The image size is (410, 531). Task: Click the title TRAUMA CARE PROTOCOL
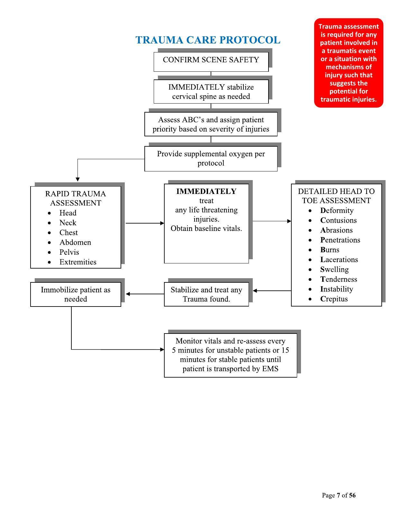(x=208, y=40)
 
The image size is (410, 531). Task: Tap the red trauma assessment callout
(x=349, y=63)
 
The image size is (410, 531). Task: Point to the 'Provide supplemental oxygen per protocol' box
(x=211, y=159)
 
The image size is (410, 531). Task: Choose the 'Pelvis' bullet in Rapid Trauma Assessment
(x=69, y=252)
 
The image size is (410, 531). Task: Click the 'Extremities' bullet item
(x=78, y=262)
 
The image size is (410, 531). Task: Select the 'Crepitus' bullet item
(x=334, y=299)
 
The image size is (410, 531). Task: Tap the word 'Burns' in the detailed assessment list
(x=330, y=250)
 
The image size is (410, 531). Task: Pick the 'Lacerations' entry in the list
(x=339, y=260)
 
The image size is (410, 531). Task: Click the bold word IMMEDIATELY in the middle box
(x=206, y=191)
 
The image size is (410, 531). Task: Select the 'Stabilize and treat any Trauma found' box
(x=206, y=294)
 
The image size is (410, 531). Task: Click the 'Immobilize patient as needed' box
(x=76, y=294)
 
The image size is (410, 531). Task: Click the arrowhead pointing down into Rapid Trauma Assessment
(x=77, y=179)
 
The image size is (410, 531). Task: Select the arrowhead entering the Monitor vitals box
(x=162, y=349)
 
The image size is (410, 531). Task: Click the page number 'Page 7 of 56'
(x=339, y=495)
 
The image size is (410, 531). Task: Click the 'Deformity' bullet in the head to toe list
(x=337, y=211)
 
